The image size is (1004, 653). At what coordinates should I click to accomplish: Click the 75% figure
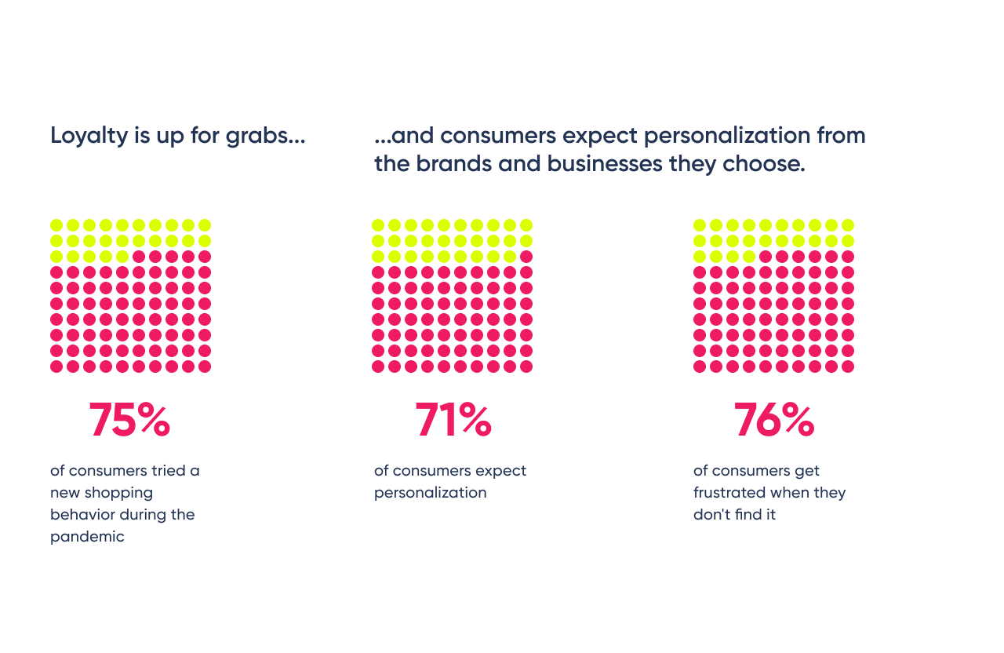point(129,421)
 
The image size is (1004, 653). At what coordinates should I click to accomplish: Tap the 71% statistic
point(453,421)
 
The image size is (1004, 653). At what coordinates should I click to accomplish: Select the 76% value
point(773,421)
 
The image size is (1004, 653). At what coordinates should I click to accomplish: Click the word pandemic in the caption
point(87,537)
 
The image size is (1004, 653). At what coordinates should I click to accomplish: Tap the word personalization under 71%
point(430,493)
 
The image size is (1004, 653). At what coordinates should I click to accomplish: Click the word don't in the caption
point(710,515)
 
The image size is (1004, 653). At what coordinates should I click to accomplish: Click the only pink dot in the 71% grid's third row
point(526,257)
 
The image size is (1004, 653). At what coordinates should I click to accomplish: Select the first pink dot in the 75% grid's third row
point(139,257)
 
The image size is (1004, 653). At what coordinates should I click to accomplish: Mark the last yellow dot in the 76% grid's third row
point(749,257)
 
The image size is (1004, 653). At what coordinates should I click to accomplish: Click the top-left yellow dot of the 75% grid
point(56,225)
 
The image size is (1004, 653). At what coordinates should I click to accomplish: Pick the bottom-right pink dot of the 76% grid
point(848,367)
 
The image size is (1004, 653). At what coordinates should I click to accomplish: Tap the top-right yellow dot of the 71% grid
point(526,225)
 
